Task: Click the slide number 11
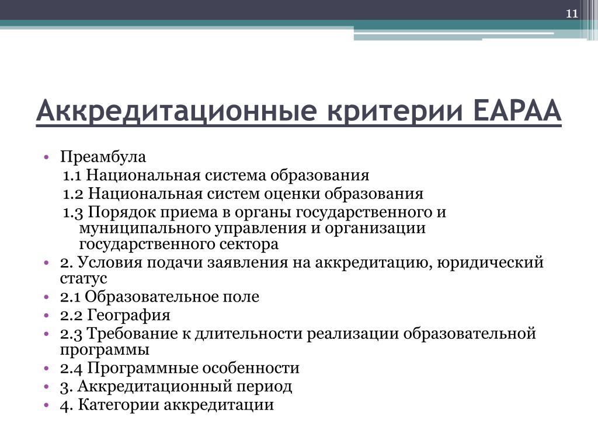tap(572, 14)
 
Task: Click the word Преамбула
tap(103, 157)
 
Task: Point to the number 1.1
tap(72, 176)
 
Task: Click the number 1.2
tap(73, 194)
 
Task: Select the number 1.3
tap(73, 212)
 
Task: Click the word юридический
tap(490, 262)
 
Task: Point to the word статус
tap(84, 279)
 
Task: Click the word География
tap(129, 316)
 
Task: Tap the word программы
tap(105, 351)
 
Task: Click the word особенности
tap(251, 369)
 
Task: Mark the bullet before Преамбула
tap(47, 157)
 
